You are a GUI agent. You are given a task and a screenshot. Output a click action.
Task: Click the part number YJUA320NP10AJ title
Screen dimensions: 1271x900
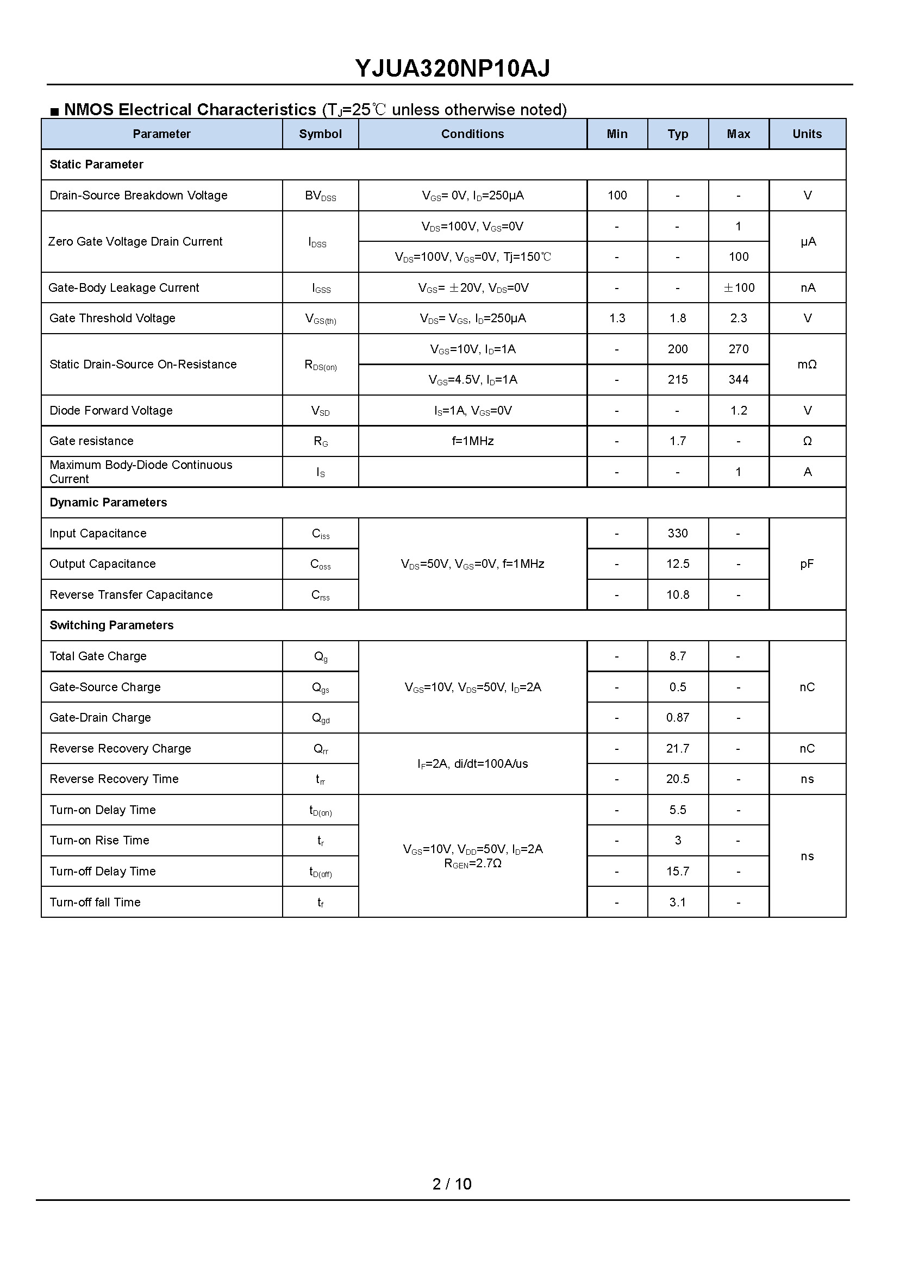pyautogui.click(x=452, y=68)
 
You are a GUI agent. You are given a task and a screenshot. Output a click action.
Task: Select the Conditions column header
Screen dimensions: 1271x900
pyautogui.click(x=472, y=134)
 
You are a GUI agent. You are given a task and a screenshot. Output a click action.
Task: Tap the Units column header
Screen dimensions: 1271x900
pyautogui.click(x=807, y=134)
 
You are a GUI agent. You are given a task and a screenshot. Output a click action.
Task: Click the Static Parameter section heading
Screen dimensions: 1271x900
pyautogui.click(x=96, y=165)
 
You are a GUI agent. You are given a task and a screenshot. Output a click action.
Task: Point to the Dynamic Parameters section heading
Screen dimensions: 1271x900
pyautogui.click(x=108, y=503)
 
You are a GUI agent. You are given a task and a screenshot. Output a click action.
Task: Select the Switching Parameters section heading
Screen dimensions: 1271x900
pyautogui.click(x=111, y=625)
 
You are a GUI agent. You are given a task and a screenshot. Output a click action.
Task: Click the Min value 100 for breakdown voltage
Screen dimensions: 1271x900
pyautogui.click(x=617, y=196)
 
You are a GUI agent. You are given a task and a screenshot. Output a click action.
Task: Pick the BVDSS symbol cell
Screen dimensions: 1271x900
pyautogui.click(x=320, y=196)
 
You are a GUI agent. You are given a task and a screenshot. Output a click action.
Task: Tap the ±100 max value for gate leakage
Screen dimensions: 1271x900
pyautogui.click(x=738, y=288)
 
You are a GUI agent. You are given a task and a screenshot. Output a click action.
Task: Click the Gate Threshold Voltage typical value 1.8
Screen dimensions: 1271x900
pyautogui.click(x=677, y=318)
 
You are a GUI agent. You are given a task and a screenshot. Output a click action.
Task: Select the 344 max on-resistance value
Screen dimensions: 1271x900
pyautogui.click(x=738, y=380)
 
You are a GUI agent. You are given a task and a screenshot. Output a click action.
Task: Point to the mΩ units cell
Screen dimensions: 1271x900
pyautogui.click(x=807, y=365)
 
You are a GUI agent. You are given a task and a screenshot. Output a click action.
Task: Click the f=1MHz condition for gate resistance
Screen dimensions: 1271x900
pyautogui.click(x=472, y=442)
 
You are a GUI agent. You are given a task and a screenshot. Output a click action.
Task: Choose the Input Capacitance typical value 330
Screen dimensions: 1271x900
pyautogui.click(x=677, y=534)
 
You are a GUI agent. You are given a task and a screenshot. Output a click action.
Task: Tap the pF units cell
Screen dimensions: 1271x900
pyautogui.click(x=807, y=564)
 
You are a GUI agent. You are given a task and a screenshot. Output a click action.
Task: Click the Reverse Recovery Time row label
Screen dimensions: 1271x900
pyautogui.click(x=114, y=780)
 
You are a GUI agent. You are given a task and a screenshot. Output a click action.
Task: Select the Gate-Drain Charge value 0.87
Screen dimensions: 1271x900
pyautogui.click(x=677, y=718)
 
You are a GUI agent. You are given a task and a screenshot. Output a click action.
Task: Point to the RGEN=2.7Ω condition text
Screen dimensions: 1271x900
pyautogui.click(x=472, y=864)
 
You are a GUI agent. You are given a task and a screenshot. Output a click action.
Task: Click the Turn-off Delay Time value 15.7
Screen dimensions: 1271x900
pyautogui.click(x=677, y=872)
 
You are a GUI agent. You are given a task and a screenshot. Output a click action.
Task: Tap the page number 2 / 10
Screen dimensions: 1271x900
pyautogui.click(x=451, y=1184)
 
